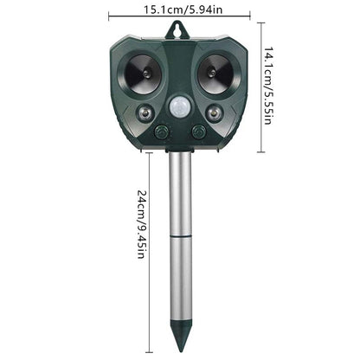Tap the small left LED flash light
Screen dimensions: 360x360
(x=144, y=112)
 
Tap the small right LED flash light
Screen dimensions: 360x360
(x=215, y=112)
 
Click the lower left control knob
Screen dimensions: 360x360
(x=161, y=132)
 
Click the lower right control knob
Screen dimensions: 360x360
(x=199, y=132)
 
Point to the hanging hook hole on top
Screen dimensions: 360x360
(x=180, y=29)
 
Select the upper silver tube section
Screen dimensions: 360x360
(x=180, y=195)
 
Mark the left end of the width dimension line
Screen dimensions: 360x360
(x=110, y=16)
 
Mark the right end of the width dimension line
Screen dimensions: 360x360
(x=250, y=16)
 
